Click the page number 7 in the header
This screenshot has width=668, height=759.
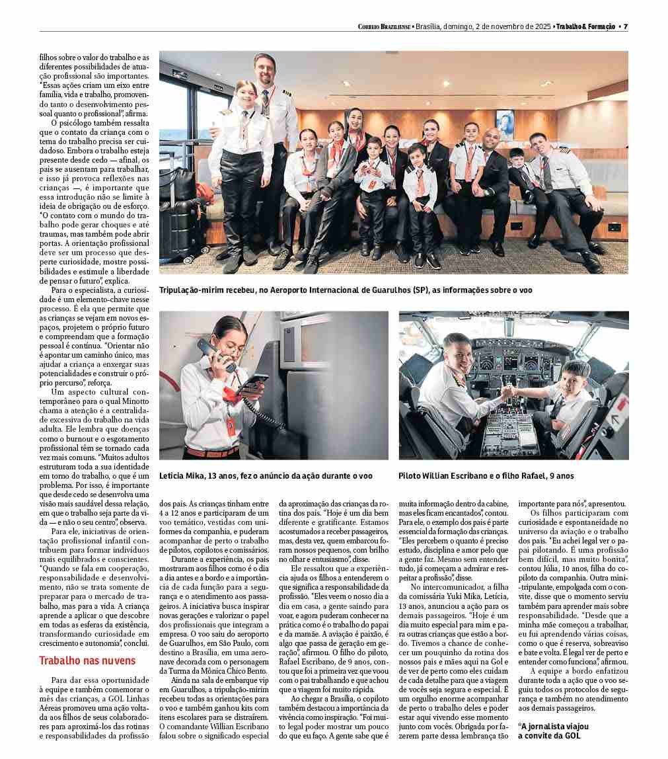point(625,26)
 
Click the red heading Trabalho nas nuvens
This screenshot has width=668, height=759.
point(87,661)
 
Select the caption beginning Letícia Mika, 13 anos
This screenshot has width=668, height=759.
point(266,475)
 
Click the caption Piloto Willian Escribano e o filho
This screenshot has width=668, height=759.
point(486,475)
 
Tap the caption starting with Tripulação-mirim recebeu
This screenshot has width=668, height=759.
point(345,290)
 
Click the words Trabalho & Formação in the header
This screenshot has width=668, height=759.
point(585,26)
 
